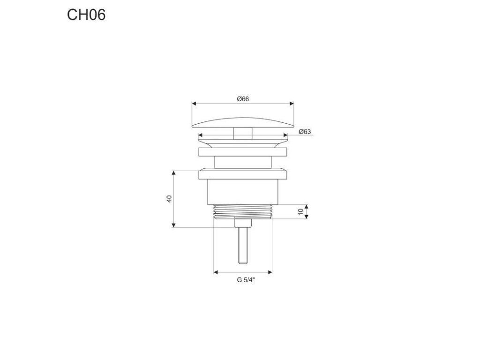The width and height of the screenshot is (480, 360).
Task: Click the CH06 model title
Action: click(86, 15)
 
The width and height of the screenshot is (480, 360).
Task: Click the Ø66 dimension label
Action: click(243, 99)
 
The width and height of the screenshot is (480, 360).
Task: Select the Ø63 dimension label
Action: click(305, 132)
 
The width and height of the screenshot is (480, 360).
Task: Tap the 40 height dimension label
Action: click(169, 199)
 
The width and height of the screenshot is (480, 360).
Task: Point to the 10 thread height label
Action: click(300, 211)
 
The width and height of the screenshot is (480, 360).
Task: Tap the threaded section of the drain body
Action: click(243, 212)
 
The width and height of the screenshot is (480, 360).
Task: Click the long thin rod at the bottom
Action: click(243, 245)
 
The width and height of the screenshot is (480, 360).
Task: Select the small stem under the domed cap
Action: click(243, 134)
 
